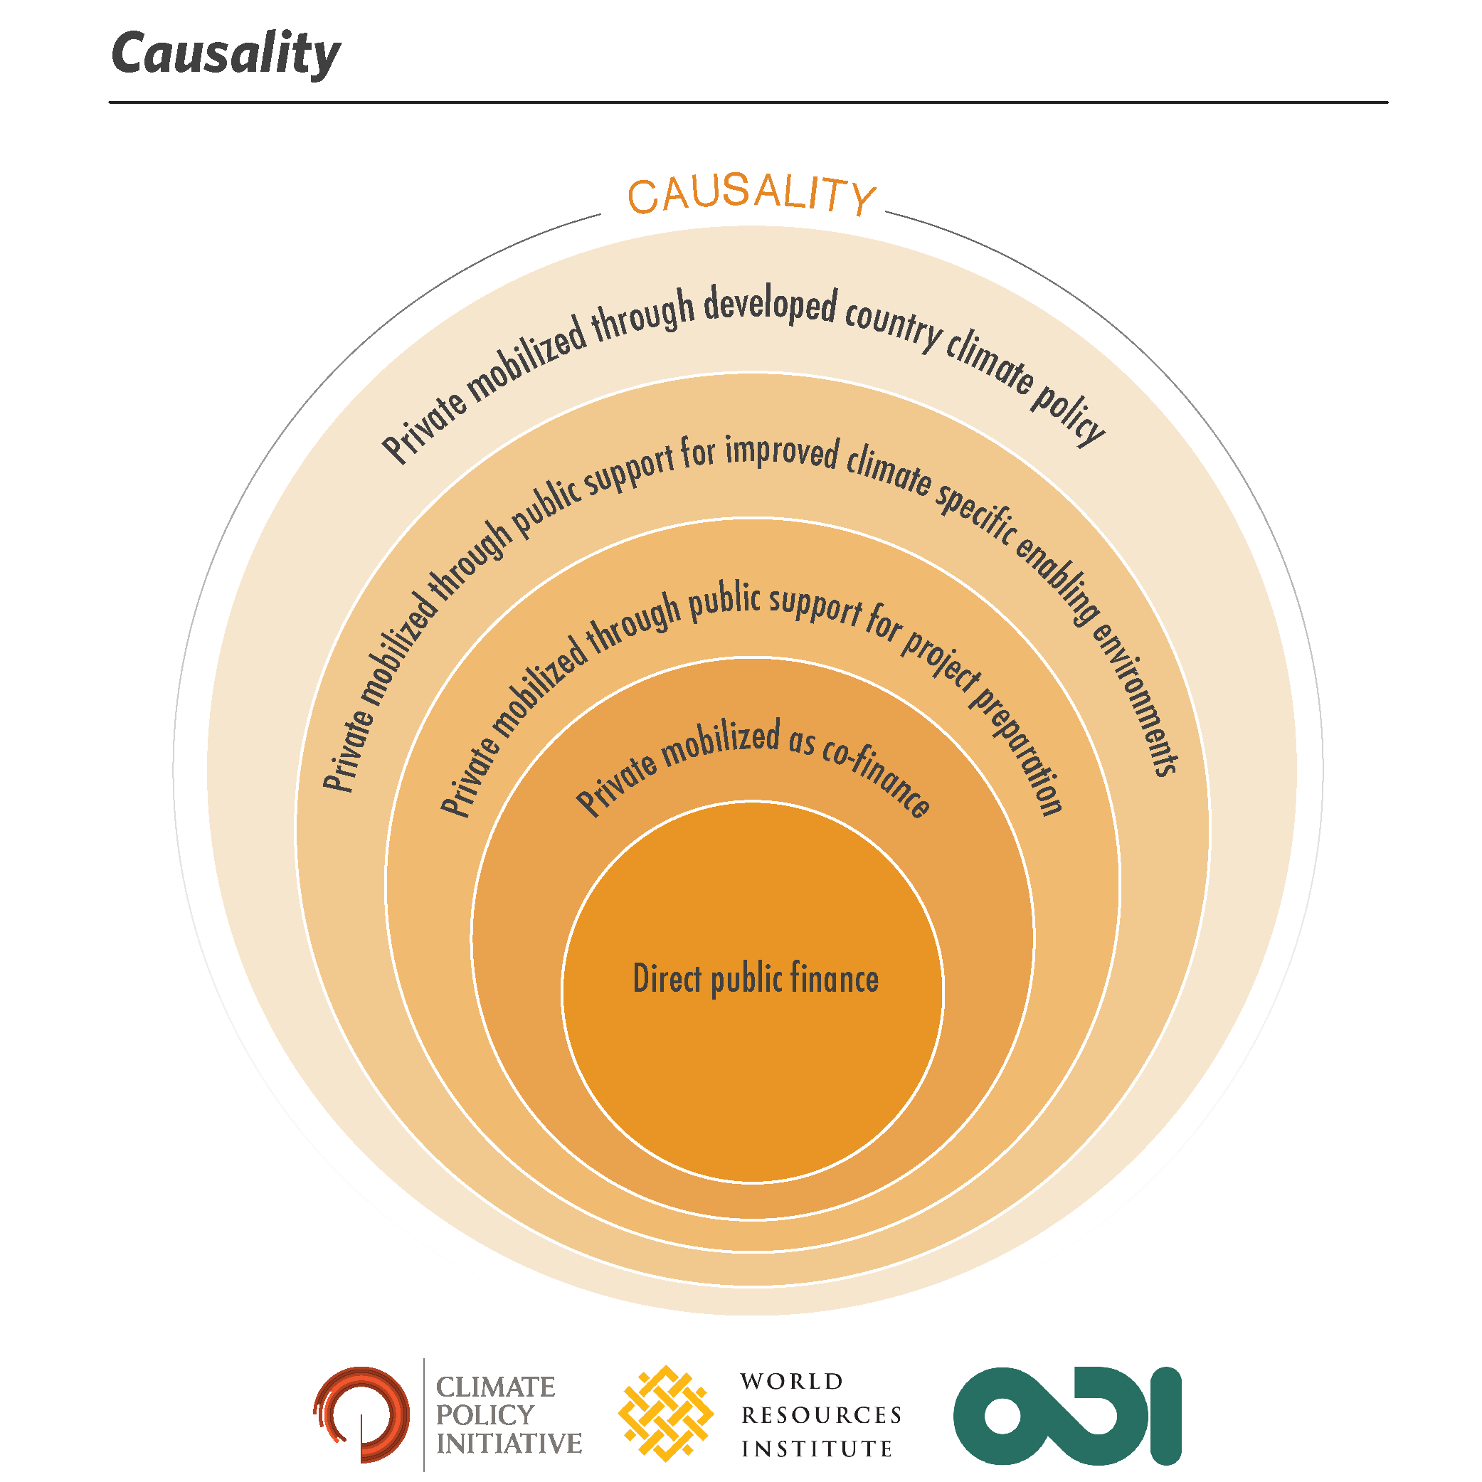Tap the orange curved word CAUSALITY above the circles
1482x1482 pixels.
click(752, 194)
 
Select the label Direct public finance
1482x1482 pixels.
click(756, 979)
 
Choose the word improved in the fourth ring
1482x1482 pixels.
click(782, 452)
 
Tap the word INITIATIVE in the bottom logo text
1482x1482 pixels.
click(509, 1443)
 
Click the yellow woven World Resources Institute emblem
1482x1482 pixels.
click(666, 1413)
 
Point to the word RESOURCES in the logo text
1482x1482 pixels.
click(822, 1414)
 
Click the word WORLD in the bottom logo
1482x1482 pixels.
click(793, 1382)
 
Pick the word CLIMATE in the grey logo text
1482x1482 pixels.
click(495, 1387)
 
